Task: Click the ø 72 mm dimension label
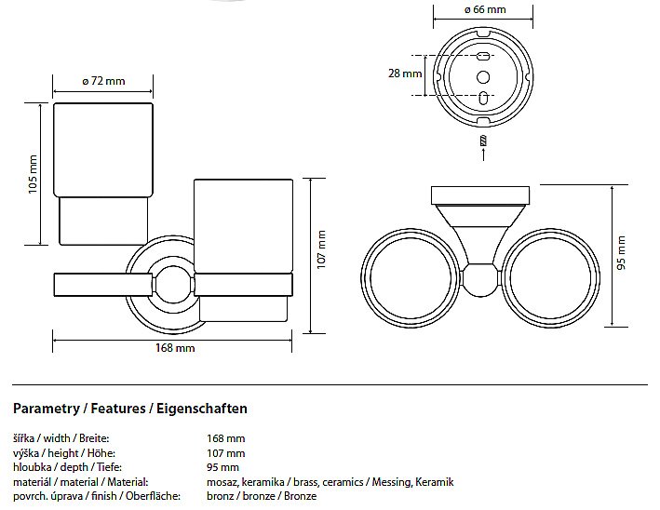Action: click(102, 81)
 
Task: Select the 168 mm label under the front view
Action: click(174, 348)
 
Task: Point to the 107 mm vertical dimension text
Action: click(321, 249)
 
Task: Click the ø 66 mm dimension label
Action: click(484, 10)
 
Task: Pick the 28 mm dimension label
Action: click(406, 74)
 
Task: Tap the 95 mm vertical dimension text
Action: click(622, 253)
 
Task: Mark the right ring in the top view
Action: click(554, 276)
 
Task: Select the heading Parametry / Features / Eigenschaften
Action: click(129, 409)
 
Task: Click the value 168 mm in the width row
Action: click(226, 437)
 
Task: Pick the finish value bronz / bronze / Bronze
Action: click(262, 496)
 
